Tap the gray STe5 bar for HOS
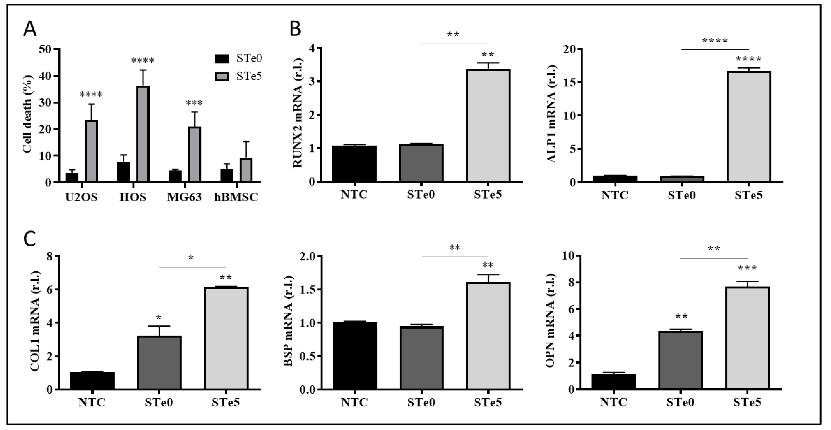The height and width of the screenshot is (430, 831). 143,134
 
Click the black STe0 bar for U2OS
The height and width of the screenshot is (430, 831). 72,178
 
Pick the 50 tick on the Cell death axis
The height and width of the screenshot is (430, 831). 45,49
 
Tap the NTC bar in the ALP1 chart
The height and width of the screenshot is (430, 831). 615,179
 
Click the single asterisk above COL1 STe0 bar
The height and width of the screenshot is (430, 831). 158,317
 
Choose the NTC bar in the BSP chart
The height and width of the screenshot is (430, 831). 355,356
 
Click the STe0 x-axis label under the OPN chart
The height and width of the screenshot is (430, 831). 680,403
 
